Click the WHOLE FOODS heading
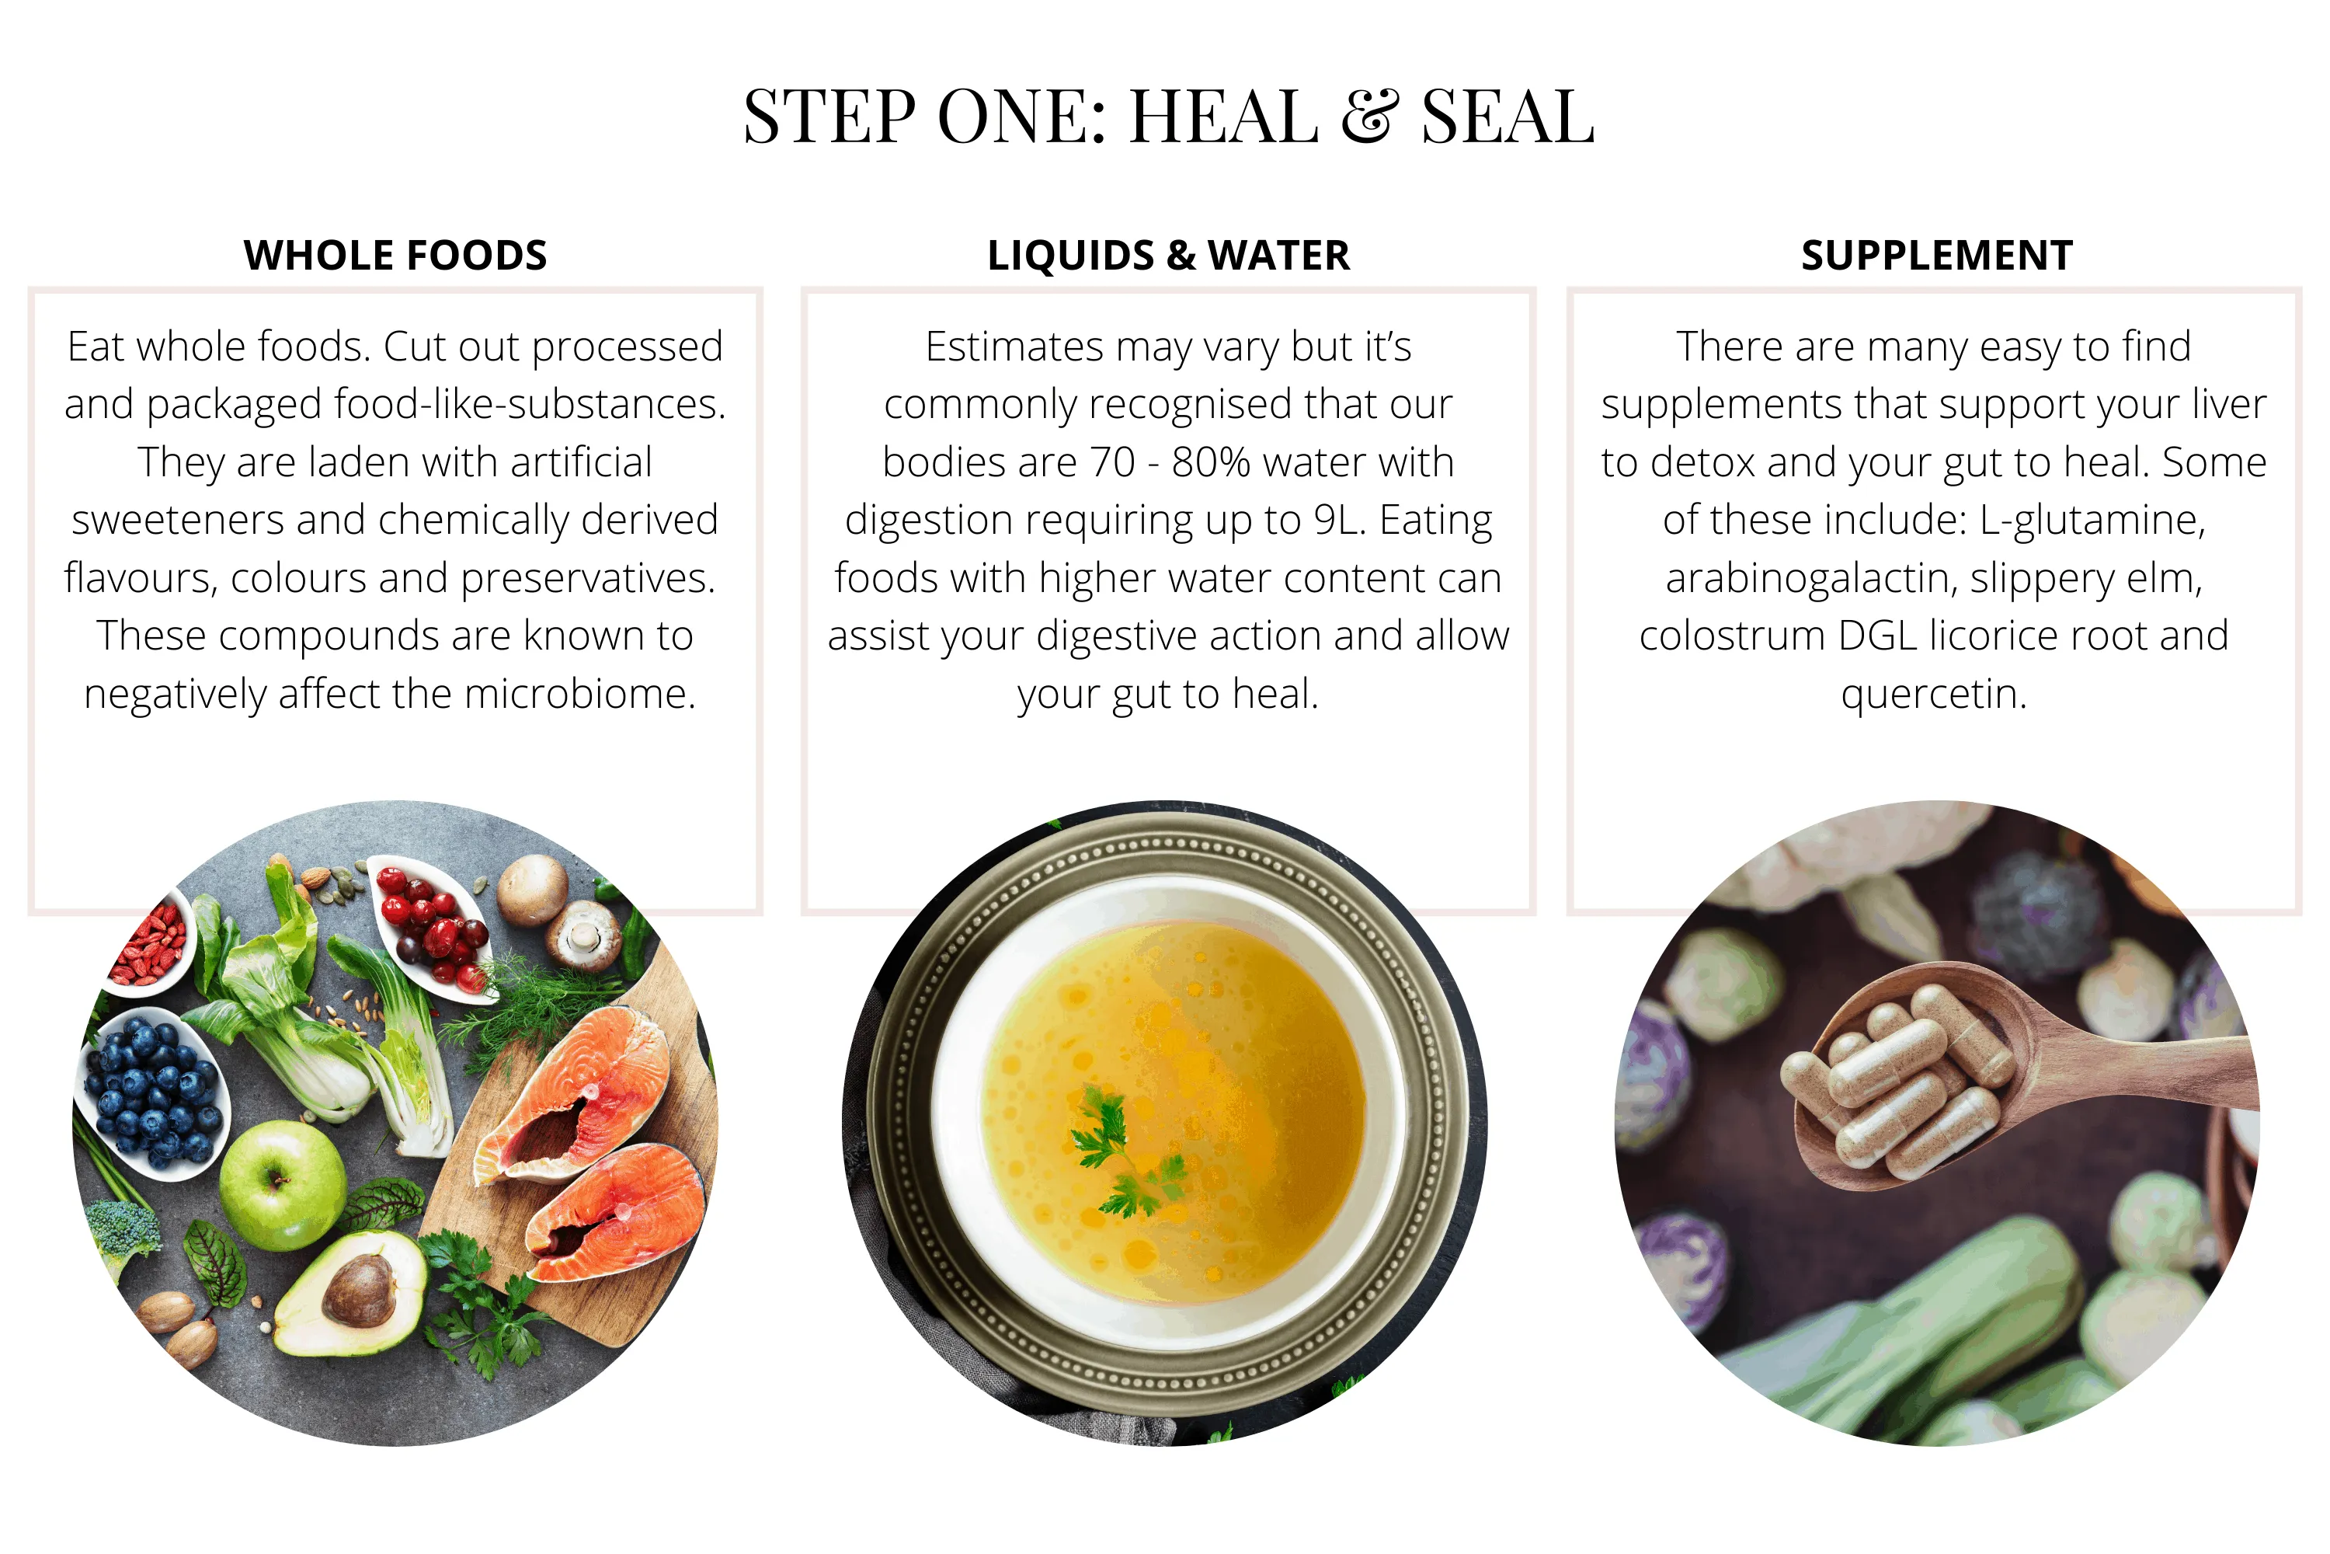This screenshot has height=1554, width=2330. tap(395, 256)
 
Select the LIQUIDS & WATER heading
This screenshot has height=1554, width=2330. tap(1168, 256)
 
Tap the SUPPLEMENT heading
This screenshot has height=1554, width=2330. tap(1937, 256)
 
